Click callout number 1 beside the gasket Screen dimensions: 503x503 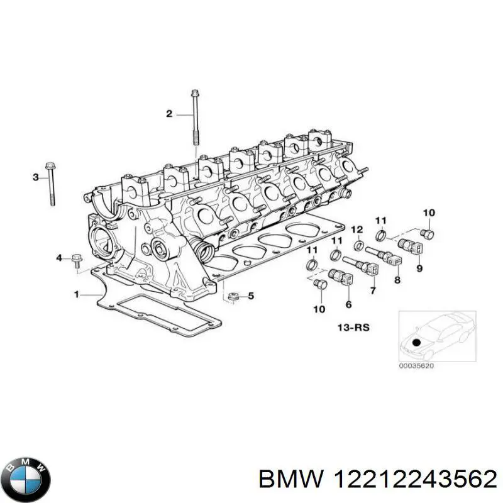76,294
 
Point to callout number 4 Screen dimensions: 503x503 60,258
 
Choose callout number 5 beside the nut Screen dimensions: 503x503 251,296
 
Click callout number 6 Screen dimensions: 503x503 349,304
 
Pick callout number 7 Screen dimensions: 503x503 373,290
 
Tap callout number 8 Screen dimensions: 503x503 397,280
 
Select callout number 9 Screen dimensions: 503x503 419,268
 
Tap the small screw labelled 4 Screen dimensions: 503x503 76,259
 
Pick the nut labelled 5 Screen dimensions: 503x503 232,296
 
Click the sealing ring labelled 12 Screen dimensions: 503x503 358,245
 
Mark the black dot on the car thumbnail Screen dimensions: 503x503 416,342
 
